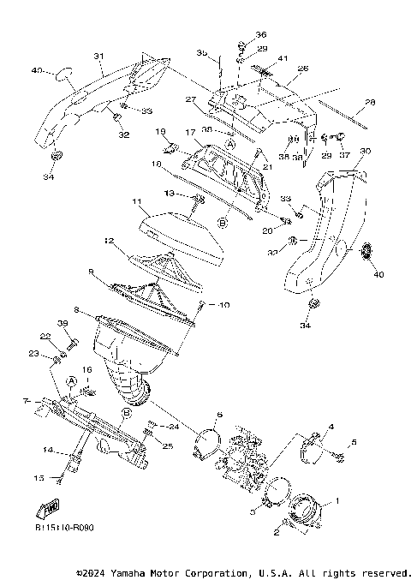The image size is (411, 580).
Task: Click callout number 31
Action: pos(98,57)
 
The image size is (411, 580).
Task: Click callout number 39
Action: pos(63,323)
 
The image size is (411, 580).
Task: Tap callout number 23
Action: pos(57,353)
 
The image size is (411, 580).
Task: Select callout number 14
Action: pos(49,449)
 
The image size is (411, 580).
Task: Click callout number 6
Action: pos(219,416)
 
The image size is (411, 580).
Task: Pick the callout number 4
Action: pos(331,426)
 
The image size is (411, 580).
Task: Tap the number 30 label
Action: pos(365,151)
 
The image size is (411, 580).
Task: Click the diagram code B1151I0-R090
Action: pos(64,528)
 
